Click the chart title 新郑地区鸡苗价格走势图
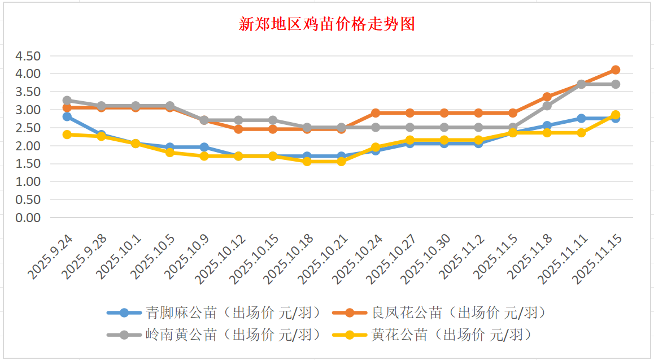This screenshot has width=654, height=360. click(x=327, y=24)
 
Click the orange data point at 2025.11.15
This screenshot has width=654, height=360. click(x=616, y=70)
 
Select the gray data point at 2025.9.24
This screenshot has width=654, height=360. click(x=67, y=101)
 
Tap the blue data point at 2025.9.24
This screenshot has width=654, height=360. click(x=67, y=116)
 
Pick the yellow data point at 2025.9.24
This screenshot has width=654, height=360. click(x=67, y=135)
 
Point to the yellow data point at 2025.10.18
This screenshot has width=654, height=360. click(x=307, y=162)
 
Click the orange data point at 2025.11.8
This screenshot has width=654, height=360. click(x=547, y=97)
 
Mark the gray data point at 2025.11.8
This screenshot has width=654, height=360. click(x=547, y=106)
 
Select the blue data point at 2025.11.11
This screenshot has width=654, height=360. click(x=581, y=118)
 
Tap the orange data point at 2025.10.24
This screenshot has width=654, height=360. click(x=376, y=113)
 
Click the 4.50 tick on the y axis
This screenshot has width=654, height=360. click(x=28, y=56)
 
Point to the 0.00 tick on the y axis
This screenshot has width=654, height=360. click(x=28, y=218)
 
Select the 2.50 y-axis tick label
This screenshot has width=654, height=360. click(x=28, y=128)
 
